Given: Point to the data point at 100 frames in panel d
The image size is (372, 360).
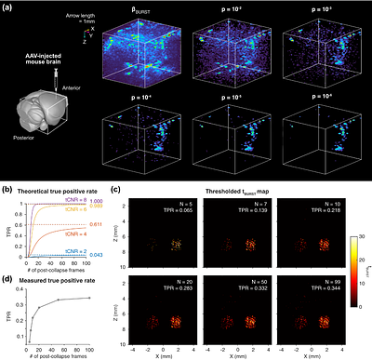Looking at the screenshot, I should pos(88,298).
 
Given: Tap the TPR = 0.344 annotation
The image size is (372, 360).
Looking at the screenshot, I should pos(314,285).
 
